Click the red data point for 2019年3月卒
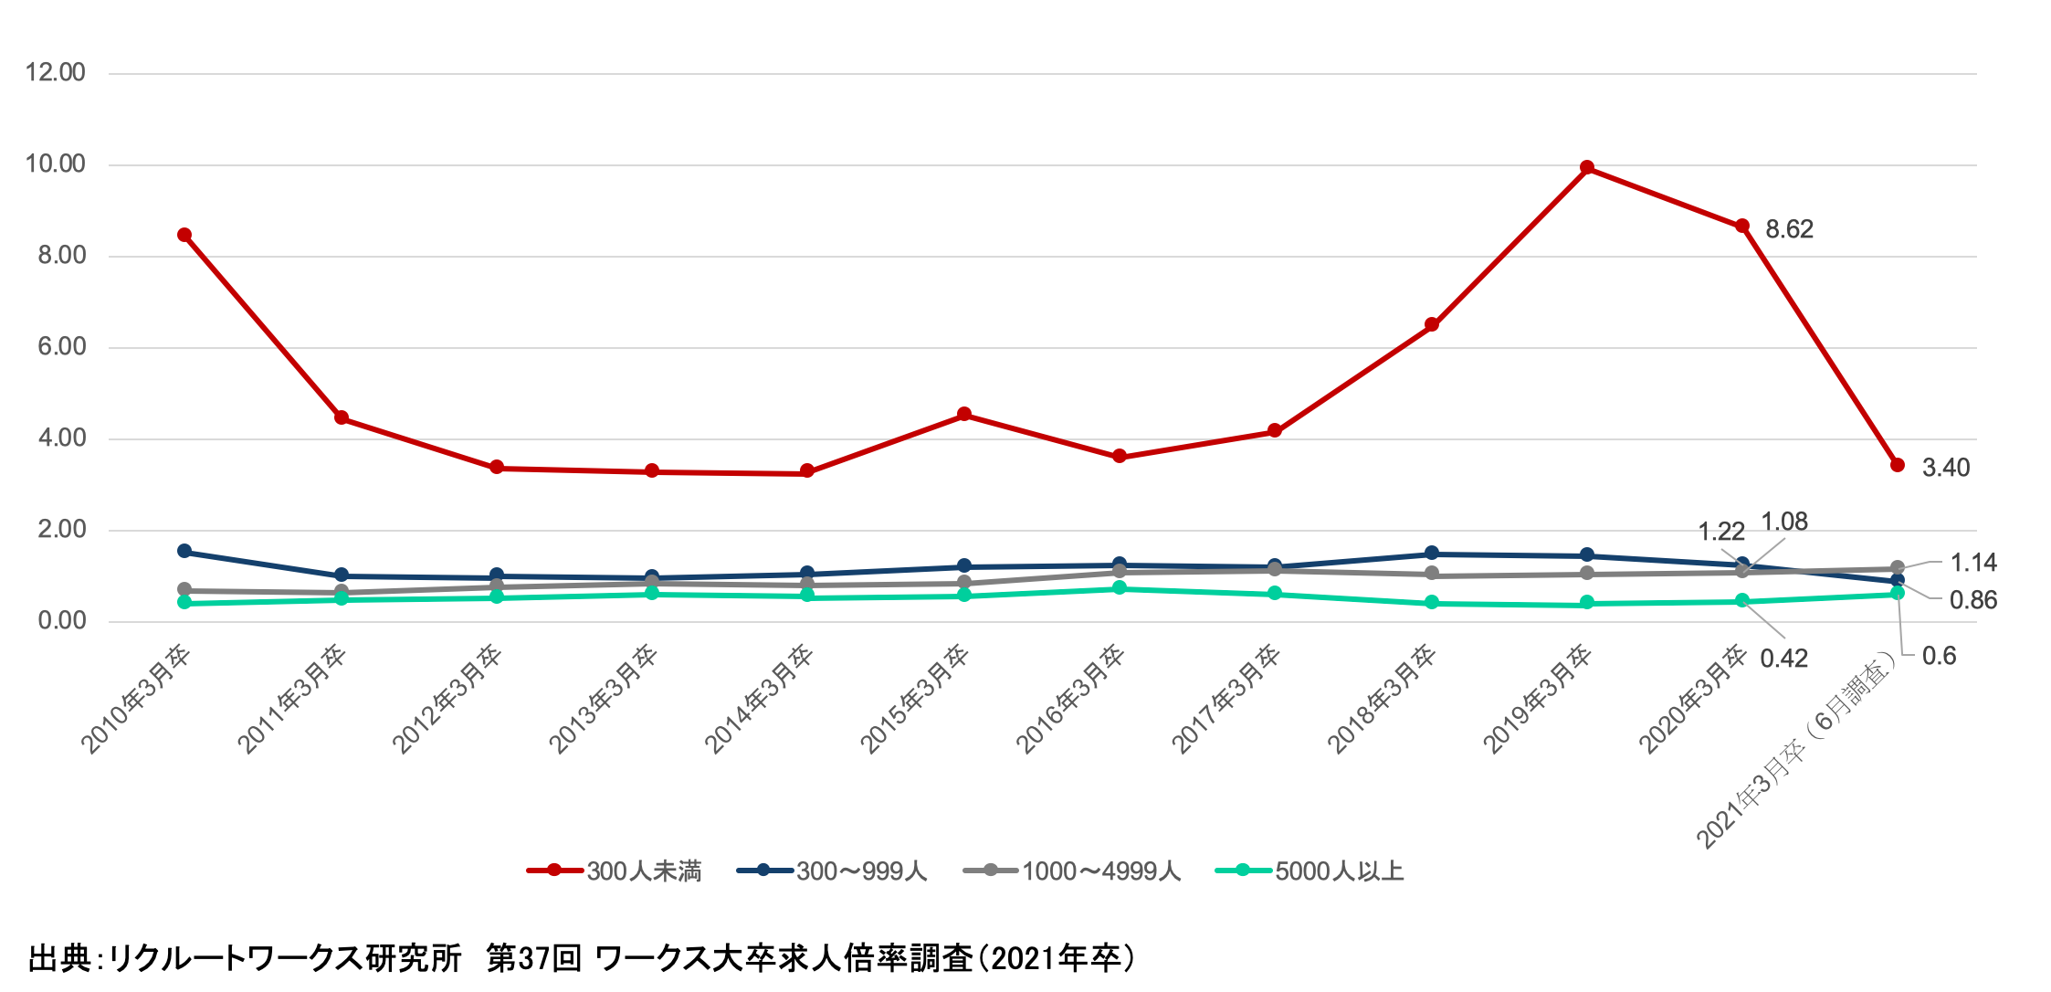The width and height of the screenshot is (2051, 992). pos(1587,168)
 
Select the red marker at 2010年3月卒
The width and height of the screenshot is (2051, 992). pos(184,235)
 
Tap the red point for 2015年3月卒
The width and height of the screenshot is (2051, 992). pos(964,415)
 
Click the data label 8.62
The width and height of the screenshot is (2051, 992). pos(1789,229)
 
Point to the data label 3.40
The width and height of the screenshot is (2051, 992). pos(1946,468)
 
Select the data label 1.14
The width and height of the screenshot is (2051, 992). pos(1973,563)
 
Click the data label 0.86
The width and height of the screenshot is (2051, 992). pos(1973,600)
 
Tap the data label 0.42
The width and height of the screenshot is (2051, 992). pos(1784,659)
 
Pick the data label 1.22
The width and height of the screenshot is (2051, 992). pos(1721,532)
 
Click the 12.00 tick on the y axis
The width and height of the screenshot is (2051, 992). pos(56,73)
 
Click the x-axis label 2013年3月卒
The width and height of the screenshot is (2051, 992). pos(604,701)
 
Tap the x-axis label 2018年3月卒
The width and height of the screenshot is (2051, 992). pos(1382,701)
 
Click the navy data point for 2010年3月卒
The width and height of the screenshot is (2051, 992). pos(184,552)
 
